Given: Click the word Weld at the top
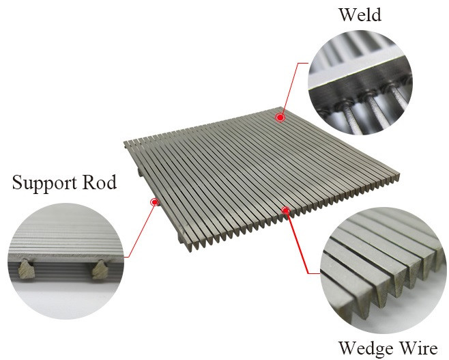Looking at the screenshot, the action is coord(360,14).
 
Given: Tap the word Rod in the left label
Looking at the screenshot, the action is coord(100,182).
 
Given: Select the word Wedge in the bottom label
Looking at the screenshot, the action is coord(366,348).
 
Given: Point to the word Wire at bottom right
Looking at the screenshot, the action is coord(419,348).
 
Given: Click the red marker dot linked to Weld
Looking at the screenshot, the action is coord(280,117).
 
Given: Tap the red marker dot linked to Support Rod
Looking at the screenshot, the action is coord(155,202).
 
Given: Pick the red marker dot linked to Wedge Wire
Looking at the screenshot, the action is coord(285,210).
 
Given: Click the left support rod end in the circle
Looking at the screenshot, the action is coord(27,269).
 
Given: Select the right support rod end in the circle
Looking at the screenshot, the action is coord(100,269).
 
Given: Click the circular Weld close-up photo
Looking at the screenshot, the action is coord(360,82).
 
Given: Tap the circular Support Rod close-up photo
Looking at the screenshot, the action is coord(66,261).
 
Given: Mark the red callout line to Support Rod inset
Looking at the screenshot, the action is coord(141,230).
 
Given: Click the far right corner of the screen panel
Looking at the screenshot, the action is coord(399,174).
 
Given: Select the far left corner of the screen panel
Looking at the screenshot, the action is coord(124,142).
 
